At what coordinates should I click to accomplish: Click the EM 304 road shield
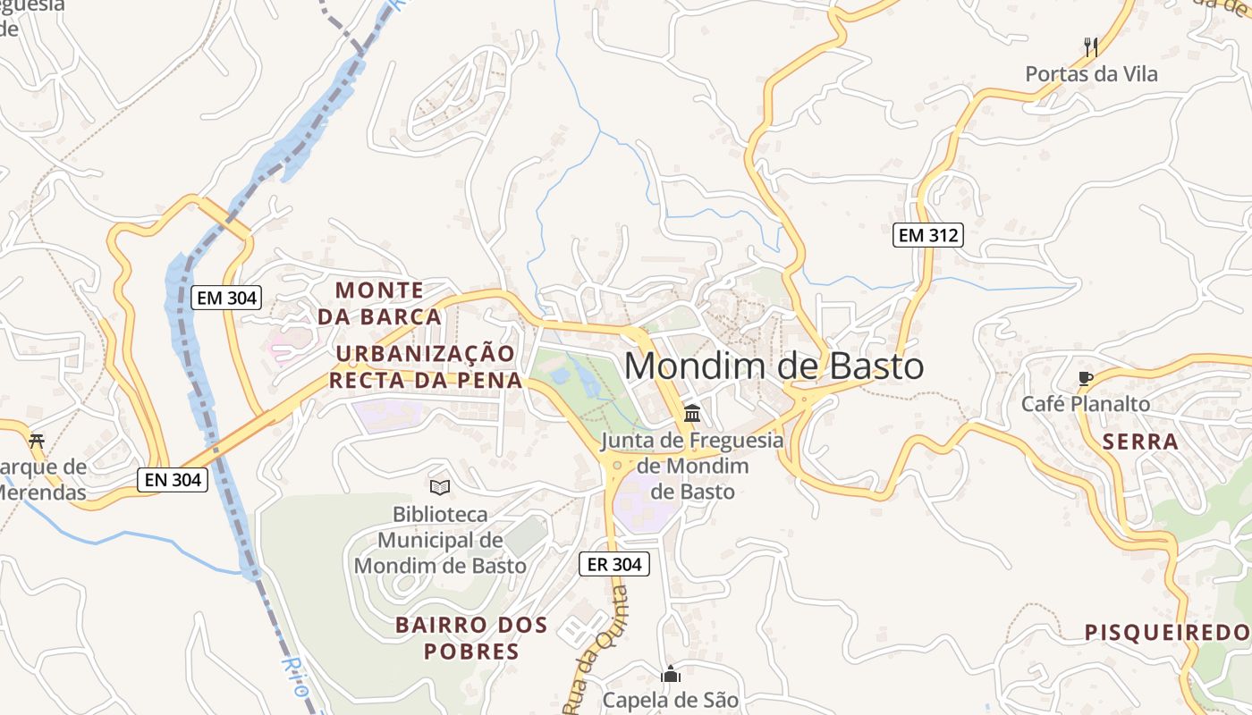pos(226,298)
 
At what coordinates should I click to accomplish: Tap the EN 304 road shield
pos(173,480)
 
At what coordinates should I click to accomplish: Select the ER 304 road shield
pos(613,564)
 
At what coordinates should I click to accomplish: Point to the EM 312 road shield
pos(927,236)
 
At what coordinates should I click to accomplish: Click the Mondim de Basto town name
pos(774,366)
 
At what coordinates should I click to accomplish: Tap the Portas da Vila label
pos(1091,74)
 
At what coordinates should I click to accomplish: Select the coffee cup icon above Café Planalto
pos(1086,378)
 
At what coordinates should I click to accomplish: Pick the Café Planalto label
pos(1086,404)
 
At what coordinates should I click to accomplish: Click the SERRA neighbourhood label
pos(1140,442)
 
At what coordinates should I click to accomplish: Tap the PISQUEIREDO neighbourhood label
pos(1166,633)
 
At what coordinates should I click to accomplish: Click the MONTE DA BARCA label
pos(379,303)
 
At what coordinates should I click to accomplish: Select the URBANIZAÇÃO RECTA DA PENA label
pos(426,366)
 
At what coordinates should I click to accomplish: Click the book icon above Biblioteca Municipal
pos(440,487)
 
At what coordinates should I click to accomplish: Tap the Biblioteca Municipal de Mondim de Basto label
pos(440,540)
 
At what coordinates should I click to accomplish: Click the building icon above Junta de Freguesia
pos(692,414)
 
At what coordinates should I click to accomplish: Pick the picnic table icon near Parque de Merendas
pos(37,441)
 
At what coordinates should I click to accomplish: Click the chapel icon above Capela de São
pos(671,674)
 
